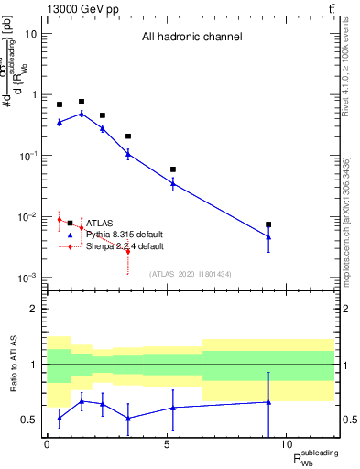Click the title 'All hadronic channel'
(x=191, y=38)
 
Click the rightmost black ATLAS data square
(x=268, y=224)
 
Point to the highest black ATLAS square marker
(x=82, y=102)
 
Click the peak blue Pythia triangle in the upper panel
(x=82, y=114)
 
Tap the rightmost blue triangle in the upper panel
(x=268, y=236)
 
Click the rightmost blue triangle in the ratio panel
(x=268, y=401)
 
